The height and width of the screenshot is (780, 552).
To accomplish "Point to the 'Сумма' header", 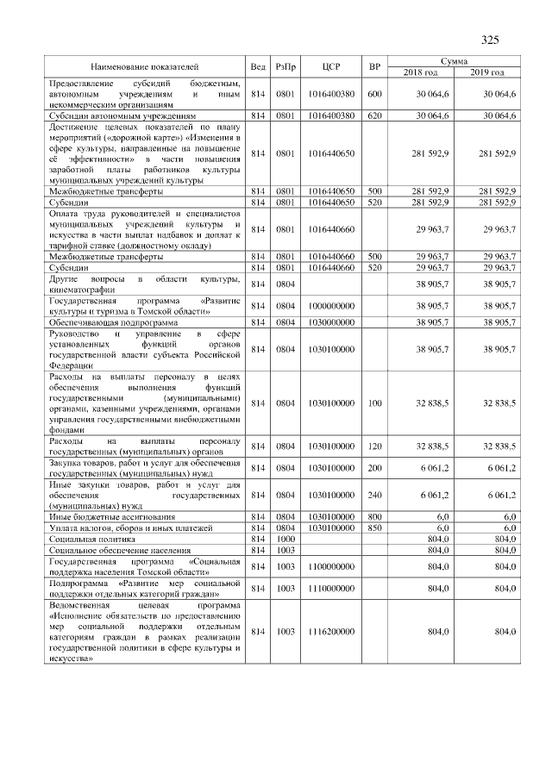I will coord(454,61).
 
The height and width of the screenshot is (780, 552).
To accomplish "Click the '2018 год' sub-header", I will coord(422,72).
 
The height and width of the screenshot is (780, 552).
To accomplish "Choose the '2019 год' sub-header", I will coord(487,72).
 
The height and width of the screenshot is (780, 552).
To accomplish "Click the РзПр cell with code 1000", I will coord(285,537).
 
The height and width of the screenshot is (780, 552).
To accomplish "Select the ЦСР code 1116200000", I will coord(331,632).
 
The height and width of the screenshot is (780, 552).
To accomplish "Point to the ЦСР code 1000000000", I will coord(331,306).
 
